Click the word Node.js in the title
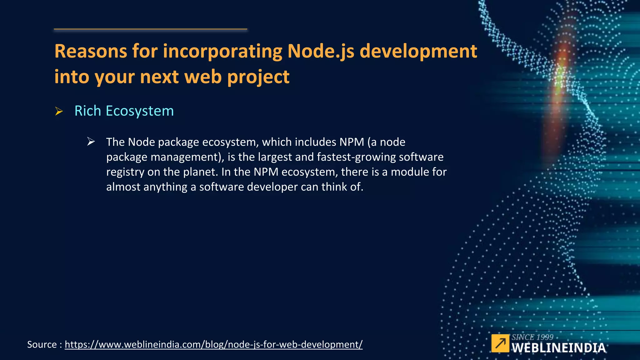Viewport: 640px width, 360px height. (321, 51)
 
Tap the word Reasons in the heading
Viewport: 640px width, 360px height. (91, 51)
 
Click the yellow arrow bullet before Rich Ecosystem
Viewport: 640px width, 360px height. (59, 111)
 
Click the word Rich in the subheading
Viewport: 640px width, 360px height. (88, 111)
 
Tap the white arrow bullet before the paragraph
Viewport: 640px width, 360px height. (91, 142)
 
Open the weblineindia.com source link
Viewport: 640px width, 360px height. (213, 344)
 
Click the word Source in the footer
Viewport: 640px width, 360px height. (42, 344)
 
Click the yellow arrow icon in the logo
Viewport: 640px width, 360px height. (500, 343)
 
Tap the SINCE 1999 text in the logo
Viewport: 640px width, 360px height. (532, 337)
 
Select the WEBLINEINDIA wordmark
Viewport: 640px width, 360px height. (558, 348)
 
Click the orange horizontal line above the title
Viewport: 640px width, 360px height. (150, 29)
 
